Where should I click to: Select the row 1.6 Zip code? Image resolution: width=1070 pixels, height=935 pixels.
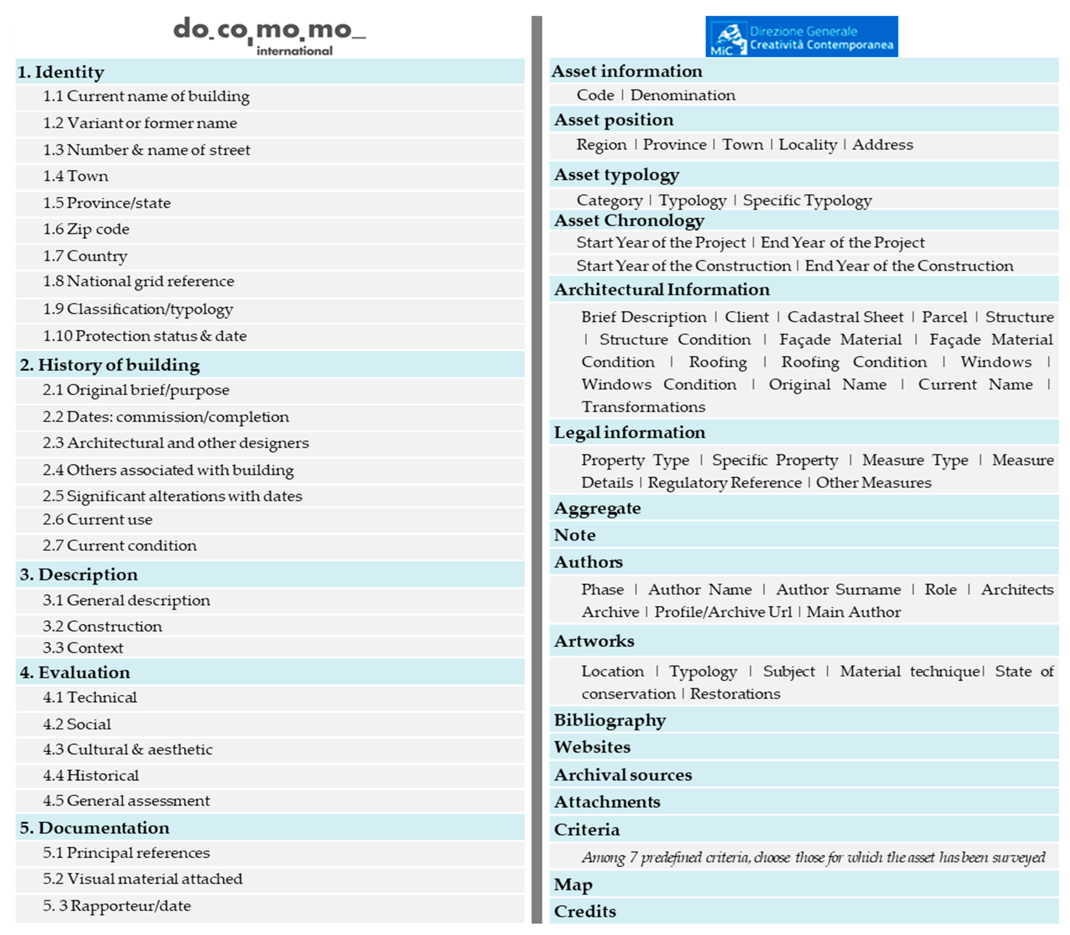(x=86, y=229)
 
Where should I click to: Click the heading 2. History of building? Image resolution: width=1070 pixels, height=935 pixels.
(x=109, y=365)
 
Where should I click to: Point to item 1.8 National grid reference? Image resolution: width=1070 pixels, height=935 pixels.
(x=138, y=281)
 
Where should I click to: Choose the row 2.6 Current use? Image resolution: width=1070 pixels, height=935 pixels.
(x=98, y=520)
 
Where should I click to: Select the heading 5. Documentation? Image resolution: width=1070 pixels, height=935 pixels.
(x=94, y=828)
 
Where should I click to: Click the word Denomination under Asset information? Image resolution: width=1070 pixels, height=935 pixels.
(x=683, y=95)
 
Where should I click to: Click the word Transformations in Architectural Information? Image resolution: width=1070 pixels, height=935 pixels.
(x=643, y=407)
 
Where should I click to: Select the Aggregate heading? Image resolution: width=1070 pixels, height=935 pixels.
(x=597, y=508)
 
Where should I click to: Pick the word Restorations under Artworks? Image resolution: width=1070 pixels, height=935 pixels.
(x=735, y=694)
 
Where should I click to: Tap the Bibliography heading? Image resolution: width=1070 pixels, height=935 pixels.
(x=609, y=721)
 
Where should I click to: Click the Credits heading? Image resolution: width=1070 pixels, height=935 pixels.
(x=584, y=912)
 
